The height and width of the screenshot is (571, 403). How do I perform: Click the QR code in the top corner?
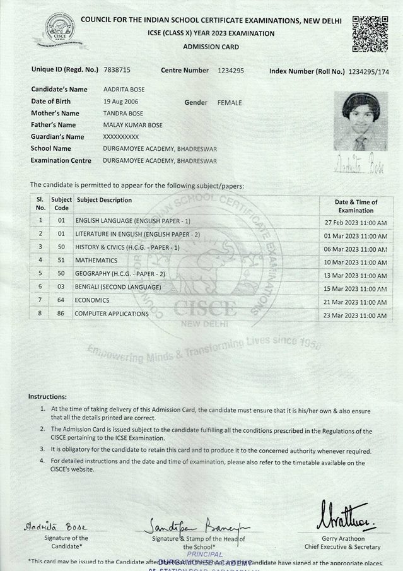click(370, 34)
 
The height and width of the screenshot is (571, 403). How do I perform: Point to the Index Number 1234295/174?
click(368, 71)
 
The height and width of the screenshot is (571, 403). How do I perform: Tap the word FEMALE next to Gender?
click(229, 102)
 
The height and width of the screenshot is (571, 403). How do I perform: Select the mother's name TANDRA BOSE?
click(123, 114)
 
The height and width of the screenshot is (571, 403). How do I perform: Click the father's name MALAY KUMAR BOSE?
click(132, 125)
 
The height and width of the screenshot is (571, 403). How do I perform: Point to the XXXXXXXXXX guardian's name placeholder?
click(120, 137)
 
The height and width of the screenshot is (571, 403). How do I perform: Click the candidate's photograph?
click(360, 121)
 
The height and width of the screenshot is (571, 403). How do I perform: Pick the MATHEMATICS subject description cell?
click(96, 260)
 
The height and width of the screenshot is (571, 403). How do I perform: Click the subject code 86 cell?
click(61, 314)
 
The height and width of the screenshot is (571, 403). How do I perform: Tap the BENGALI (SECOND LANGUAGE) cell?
click(118, 287)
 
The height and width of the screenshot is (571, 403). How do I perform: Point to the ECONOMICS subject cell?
click(92, 300)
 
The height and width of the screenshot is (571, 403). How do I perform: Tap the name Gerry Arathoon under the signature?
click(342, 538)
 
